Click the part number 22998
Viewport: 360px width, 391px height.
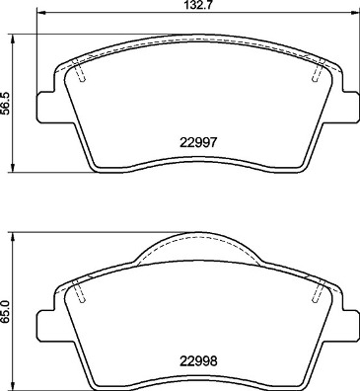[x=199, y=359]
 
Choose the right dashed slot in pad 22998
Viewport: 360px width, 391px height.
[x=318, y=290]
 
